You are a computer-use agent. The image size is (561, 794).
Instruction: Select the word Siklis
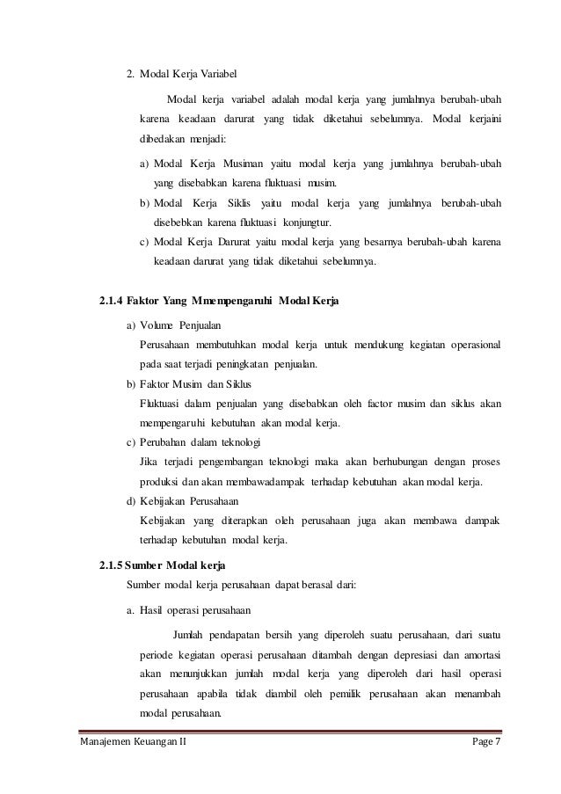click(x=264, y=204)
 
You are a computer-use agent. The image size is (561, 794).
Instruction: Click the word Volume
click(x=159, y=325)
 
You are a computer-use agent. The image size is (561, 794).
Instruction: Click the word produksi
click(x=157, y=482)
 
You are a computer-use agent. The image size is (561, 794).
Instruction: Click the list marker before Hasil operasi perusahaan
click(x=131, y=608)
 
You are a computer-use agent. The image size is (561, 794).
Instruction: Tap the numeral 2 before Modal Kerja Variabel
click(x=131, y=73)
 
